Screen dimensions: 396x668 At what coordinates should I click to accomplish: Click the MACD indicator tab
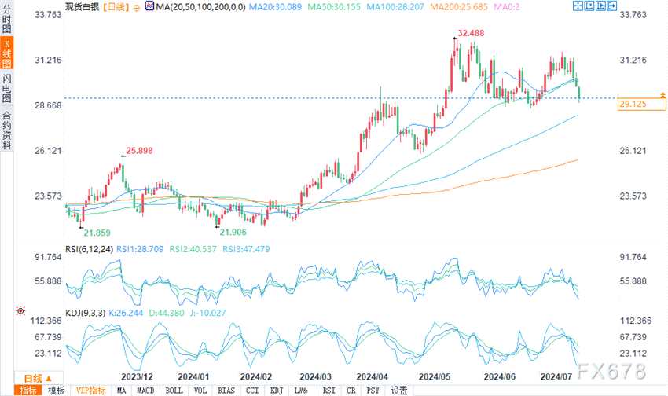[x=146, y=390]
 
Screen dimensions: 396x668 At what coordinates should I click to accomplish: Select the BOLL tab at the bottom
[x=174, y=390]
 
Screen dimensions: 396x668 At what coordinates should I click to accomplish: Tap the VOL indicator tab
[x=201, y=390]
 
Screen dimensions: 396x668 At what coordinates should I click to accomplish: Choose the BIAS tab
[x=227, y=390]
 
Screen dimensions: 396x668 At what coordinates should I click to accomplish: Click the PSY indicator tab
[x=373, y=390]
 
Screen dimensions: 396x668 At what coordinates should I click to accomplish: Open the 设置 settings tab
[x=399, y=390]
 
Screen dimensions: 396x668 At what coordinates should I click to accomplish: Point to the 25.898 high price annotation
[x=139, y=150]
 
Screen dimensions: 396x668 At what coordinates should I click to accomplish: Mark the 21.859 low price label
[x=97, y=233]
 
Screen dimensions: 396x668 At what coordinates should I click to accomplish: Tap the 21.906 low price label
[x=233, y=233]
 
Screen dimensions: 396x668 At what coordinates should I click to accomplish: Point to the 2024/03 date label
[x=315, y=376]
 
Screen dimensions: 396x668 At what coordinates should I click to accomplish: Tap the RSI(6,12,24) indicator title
[x=90, y=248]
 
